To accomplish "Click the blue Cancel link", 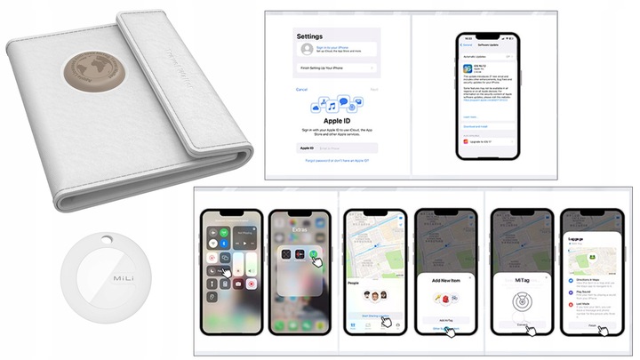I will coord(301,89).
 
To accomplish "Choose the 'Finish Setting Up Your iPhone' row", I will coord(333,68).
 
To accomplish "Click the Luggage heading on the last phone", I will coord(580,239).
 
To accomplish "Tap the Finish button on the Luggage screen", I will coord(595,324).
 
